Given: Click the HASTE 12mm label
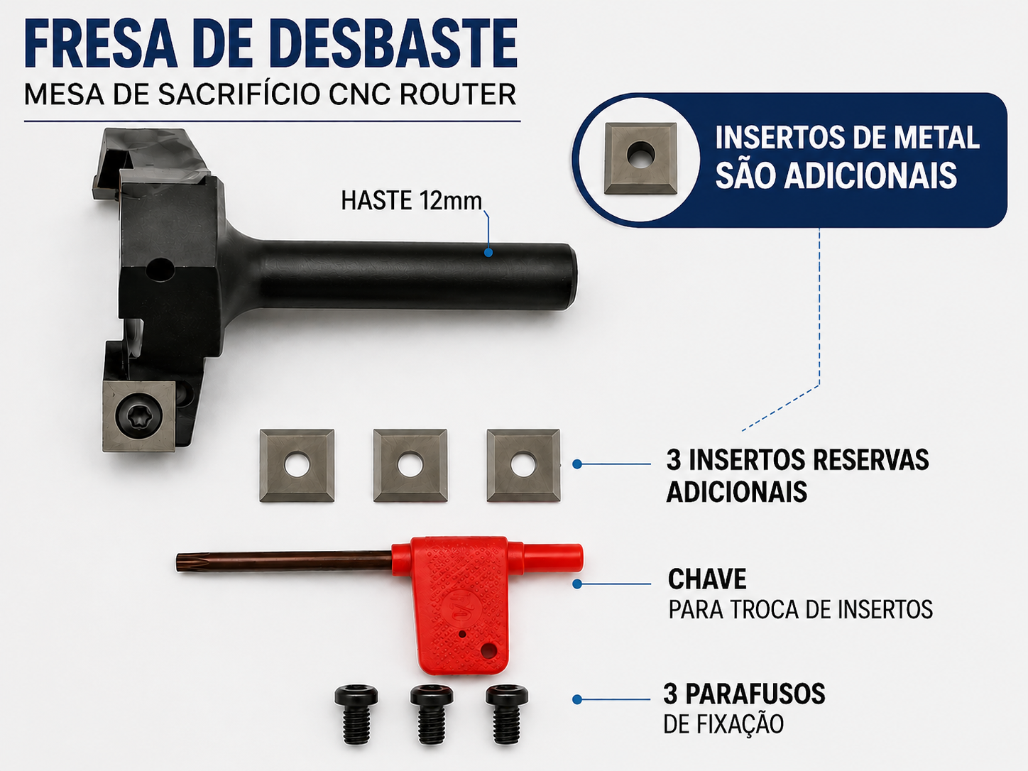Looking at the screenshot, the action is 411,201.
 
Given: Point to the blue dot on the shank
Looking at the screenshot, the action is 488,252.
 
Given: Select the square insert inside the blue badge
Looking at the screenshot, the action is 640,158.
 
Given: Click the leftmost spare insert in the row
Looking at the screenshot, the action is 297,465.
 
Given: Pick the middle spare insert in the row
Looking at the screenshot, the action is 410,465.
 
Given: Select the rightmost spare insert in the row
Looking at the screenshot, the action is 524,465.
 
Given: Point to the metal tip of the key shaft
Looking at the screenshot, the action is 179,562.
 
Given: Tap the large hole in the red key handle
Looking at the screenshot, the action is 489,650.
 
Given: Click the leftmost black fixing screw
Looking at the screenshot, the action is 356,714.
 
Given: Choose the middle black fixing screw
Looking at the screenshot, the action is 432,714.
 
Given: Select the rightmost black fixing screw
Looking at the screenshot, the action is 507,714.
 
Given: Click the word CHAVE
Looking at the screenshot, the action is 707,579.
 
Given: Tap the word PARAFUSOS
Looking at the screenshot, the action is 755,694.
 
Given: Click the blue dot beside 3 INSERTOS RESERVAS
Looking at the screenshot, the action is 577,464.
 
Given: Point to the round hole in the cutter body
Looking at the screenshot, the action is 160,270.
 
